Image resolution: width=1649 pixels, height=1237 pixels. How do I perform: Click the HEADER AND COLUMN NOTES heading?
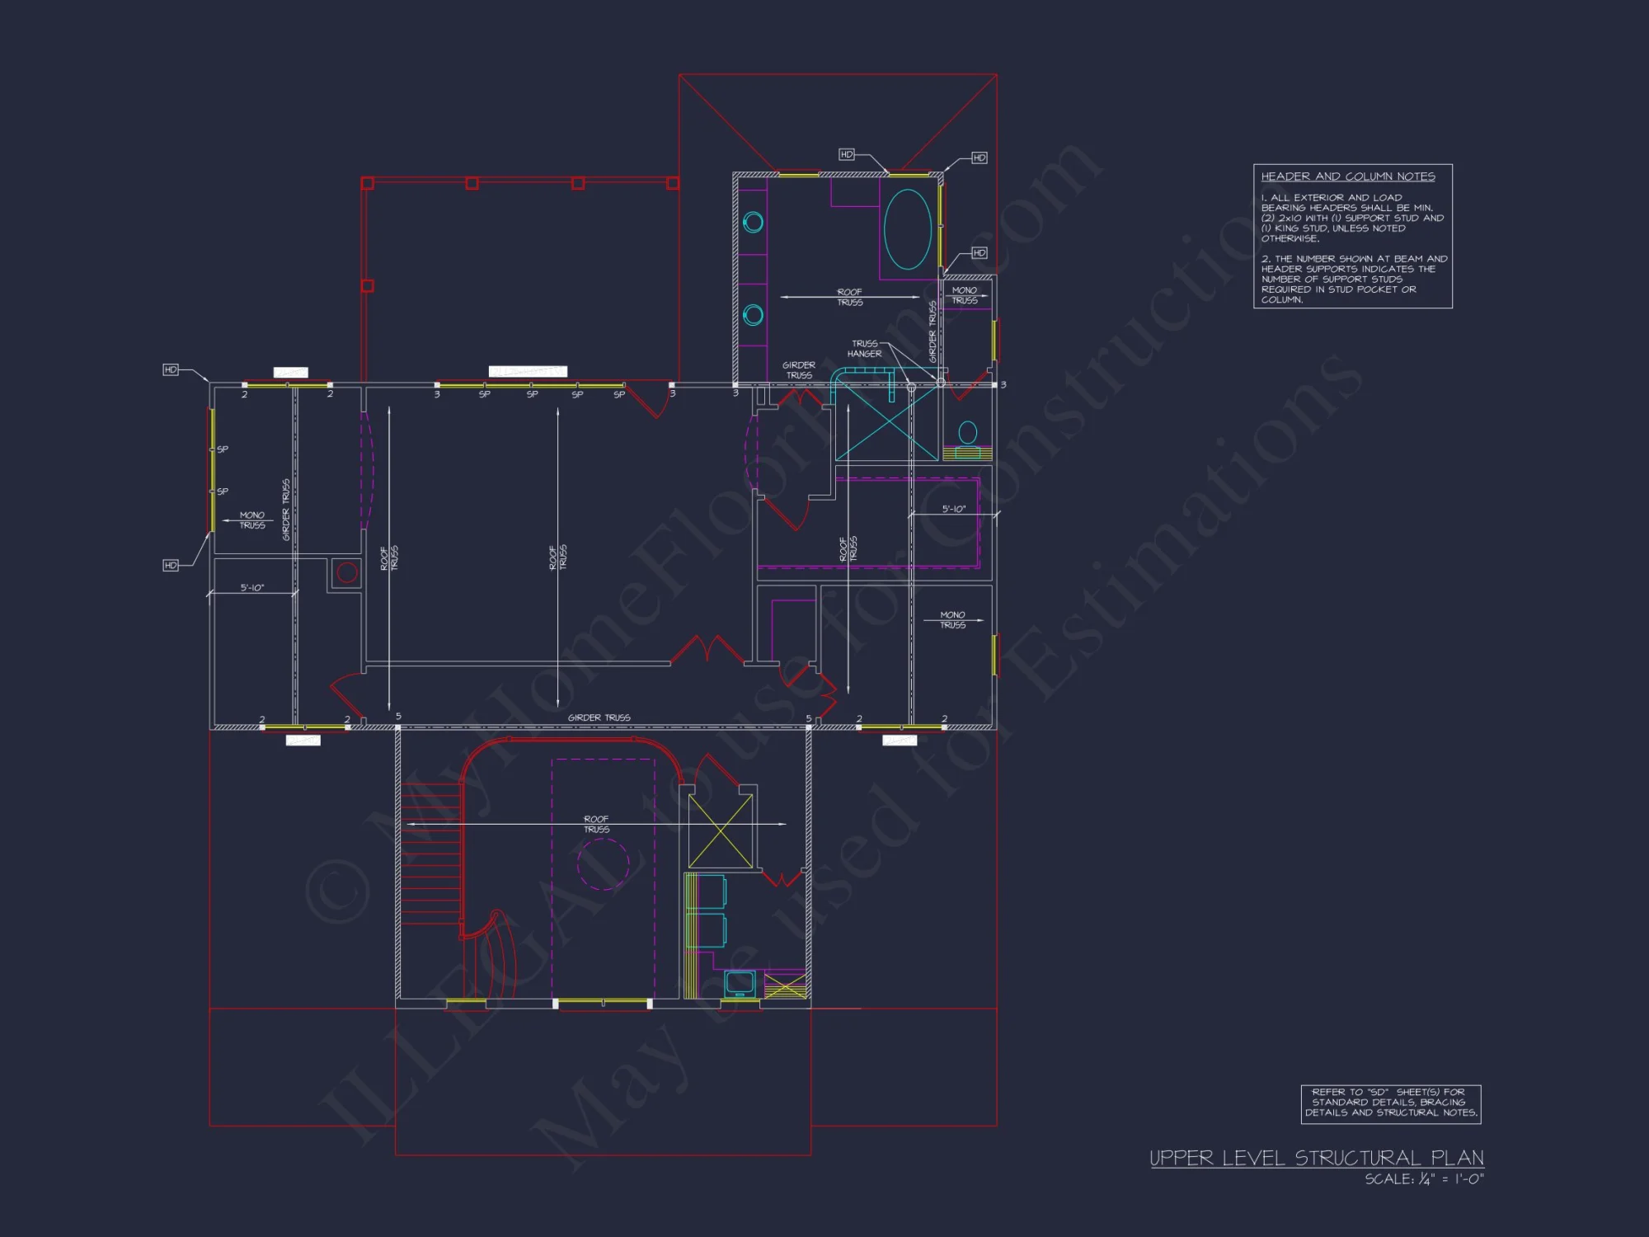1347,176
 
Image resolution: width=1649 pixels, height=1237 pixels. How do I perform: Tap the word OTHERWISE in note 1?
1290,239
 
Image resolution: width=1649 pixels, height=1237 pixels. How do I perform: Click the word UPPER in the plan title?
1182,1159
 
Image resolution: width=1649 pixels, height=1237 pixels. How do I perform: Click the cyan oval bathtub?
907,229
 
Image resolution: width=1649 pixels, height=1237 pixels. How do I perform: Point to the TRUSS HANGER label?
864,349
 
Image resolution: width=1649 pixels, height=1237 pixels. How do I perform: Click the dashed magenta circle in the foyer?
603,864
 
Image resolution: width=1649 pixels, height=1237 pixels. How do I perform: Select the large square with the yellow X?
720,830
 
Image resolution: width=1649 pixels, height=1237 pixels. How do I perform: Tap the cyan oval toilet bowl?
968,431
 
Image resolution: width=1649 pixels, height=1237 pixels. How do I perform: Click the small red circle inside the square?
347,572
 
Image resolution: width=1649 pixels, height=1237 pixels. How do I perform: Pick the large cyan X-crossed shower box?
886,422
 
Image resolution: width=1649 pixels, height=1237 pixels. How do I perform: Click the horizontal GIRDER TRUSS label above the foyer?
599,718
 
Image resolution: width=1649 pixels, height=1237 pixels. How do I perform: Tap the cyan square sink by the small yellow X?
740,982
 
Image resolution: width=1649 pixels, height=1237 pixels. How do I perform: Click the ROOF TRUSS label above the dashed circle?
596,825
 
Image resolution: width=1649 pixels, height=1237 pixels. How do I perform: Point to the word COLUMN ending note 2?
1281,300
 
